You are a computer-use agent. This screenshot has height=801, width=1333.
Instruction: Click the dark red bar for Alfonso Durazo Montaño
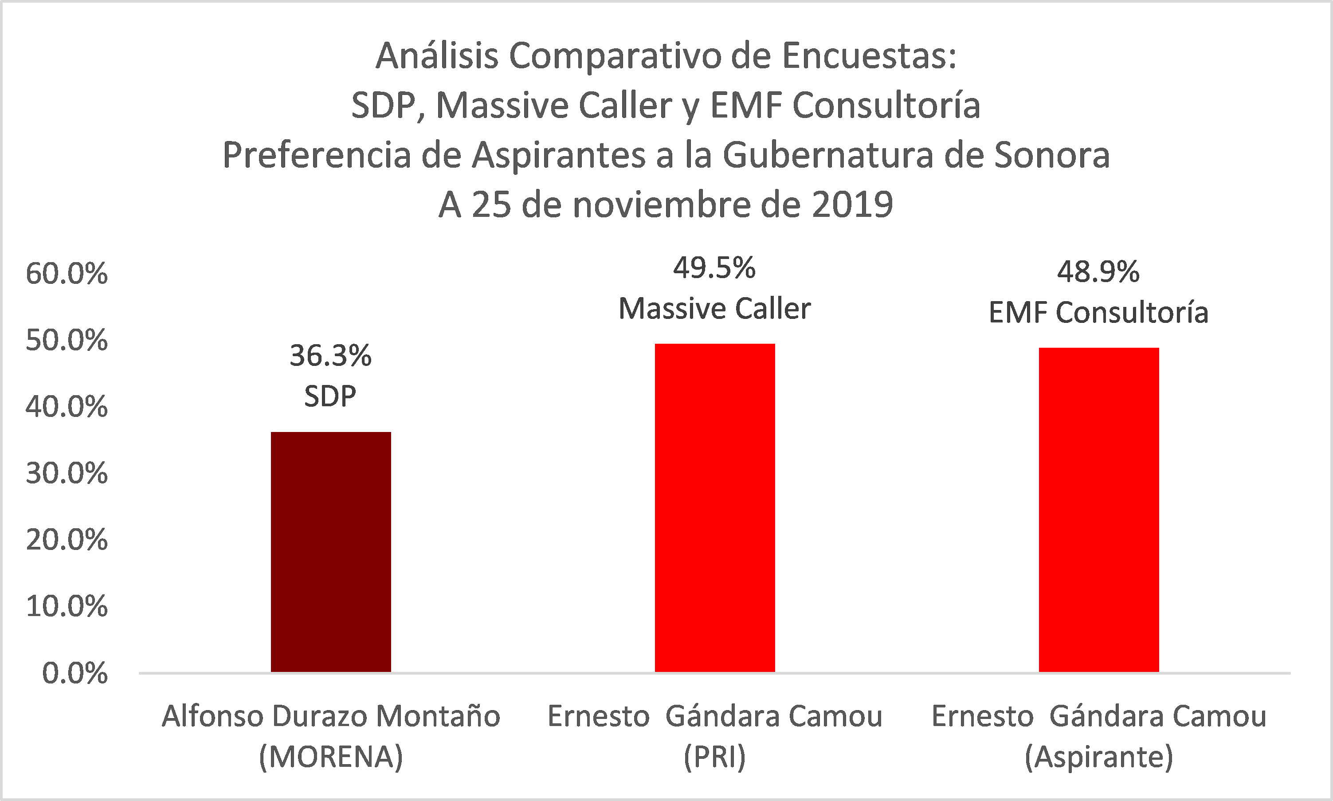tap(330, 551)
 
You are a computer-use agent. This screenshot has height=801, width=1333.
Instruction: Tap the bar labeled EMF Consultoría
tap(1099, 510)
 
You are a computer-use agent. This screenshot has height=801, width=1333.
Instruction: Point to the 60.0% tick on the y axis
tap(67, 274)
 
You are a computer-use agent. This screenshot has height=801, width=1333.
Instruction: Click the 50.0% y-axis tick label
tap(67, 340)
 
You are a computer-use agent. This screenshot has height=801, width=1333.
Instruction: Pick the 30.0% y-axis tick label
tap(67, 473)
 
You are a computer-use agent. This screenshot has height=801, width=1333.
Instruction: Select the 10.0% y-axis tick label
tap(67, 607)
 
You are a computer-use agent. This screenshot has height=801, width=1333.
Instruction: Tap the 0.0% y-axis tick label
tap(74, 674)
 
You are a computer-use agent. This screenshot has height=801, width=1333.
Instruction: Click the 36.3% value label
tap(330, 356)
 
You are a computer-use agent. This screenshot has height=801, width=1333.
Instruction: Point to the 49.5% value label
tap(714, 268)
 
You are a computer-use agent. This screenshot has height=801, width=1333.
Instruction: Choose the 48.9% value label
tap(1098, 271)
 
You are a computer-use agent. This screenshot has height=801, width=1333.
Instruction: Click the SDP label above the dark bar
tap(330, 396)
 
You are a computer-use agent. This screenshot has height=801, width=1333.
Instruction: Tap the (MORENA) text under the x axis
tap(331, 757)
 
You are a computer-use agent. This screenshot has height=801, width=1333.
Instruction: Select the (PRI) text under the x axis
tap(714, 757)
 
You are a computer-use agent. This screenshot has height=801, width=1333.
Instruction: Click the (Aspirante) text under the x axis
tap(1099, 757)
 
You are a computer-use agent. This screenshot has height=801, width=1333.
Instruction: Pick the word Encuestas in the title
tap(869, 55)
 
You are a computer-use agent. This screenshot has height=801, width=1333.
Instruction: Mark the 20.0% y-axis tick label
tap(67, 540)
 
